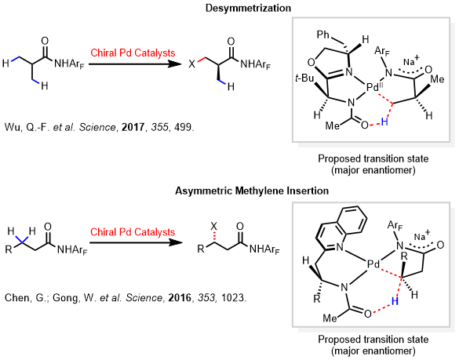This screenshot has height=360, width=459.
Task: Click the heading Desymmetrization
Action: [x=248, y=8]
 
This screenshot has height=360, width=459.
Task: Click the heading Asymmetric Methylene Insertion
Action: [x=252, y=191]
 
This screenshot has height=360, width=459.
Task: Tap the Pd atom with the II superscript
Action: [x=375, y=87]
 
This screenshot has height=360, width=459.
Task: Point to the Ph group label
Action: [x=323, y=35]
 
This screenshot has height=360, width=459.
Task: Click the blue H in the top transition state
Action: [x=384, y=122]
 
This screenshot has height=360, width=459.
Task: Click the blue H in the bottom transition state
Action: [x=395, y=301]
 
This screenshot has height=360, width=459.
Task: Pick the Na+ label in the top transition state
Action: [x=411, y=60]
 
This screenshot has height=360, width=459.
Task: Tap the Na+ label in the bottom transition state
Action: [x=422, y=235]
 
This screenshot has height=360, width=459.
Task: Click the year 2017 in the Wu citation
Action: [x=133, y=127]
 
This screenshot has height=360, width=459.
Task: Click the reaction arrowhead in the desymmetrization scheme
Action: [x=174, y=64]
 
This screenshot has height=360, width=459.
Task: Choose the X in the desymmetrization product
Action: [x=191, y=64]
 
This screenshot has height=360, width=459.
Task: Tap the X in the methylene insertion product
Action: [x=214, y=226]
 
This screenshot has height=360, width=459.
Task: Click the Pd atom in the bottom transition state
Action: [x=373, y=264]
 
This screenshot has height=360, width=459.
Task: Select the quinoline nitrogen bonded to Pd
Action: [x=340, y=247]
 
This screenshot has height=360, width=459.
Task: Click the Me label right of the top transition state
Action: [x=437, y=79]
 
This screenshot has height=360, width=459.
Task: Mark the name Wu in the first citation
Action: [x=12, y=127]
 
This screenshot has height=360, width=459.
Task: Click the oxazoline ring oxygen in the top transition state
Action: [x=311, y=62]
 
